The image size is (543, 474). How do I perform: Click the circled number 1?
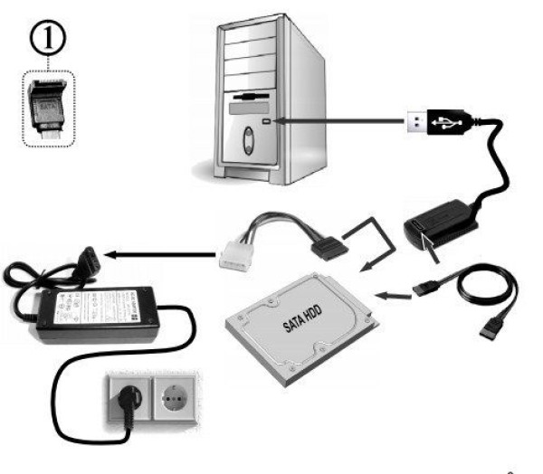pos(46,39)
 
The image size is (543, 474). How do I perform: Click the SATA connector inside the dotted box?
pos(46,107)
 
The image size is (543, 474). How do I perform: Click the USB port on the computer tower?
pos(264,118)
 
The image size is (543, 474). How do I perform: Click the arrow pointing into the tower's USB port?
pos(335,119)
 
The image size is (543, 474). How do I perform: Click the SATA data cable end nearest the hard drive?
pos(425,288)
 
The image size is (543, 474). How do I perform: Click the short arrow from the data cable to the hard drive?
pos(390,294)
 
